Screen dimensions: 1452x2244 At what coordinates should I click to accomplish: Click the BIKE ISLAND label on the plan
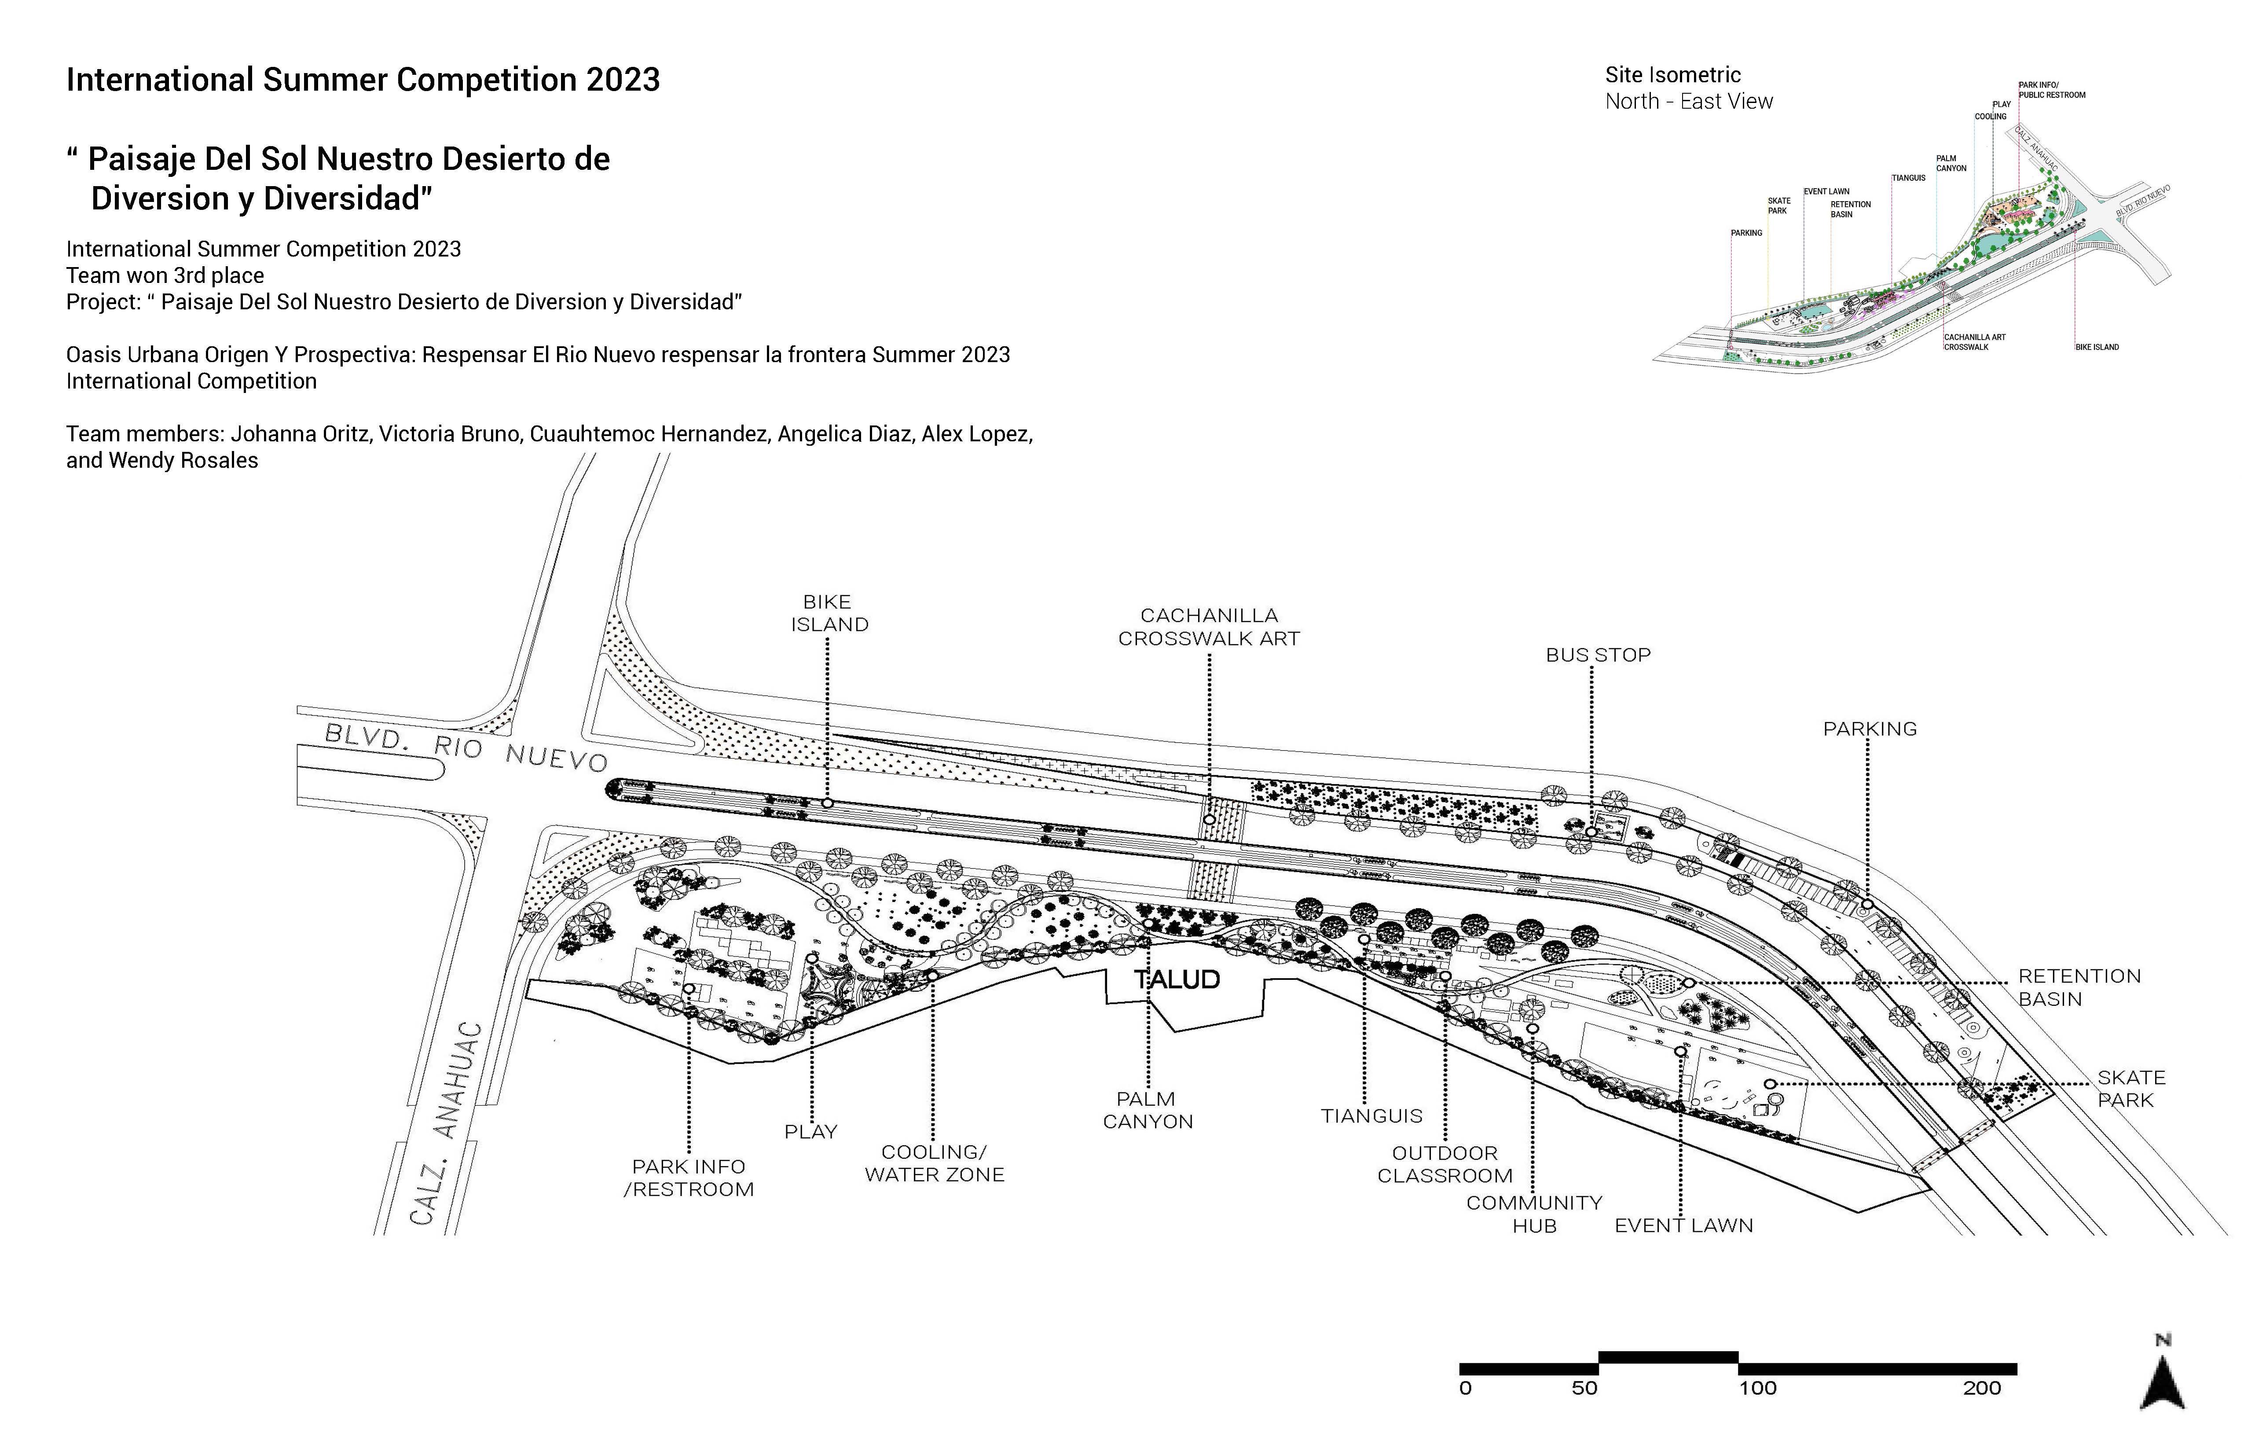tap(829, 613)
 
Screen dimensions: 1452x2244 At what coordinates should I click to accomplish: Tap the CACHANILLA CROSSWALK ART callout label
tap(1209, 627)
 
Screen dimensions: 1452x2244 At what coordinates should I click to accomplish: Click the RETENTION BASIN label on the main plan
tap(2079, 987)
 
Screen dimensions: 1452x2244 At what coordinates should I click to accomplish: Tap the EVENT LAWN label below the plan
tap(1684, 1226)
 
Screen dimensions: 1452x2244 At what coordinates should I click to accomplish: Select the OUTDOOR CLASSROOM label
tap(1445, 1164)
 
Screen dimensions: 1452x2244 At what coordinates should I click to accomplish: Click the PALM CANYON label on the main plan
tap(1148, 1110)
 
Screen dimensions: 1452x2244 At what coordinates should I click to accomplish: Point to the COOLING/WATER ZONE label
tap(935, 1163)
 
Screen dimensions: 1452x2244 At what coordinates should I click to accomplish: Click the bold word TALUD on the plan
tap(1177, 979)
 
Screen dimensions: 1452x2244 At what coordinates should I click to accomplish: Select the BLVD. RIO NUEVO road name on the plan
tap(466, 747)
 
